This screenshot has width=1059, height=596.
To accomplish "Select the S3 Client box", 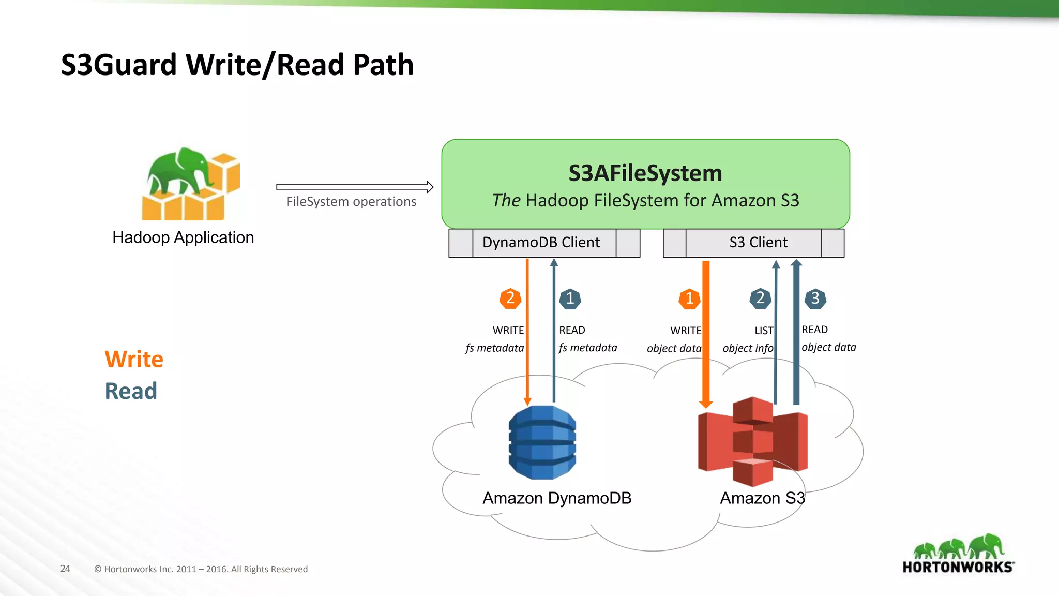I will click(x=758, y=243).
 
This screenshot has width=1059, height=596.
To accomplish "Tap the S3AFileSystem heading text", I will click(x=645, y=173).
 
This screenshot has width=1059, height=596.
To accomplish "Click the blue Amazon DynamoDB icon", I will click(x=542, y=442).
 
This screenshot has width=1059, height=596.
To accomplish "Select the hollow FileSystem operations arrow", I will click(x=354, y=187).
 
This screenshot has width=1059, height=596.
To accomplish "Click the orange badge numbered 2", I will click(x=510, y=299).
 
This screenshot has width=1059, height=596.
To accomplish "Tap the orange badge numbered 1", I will click(x=689, y=299).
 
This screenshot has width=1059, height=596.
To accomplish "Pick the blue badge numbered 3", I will click(x=815, y=299).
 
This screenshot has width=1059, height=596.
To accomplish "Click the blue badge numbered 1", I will click(x=570, y=299).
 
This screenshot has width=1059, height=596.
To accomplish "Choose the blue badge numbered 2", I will click(x=760, y=299).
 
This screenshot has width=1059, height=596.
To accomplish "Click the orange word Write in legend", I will click(x=134, y=359).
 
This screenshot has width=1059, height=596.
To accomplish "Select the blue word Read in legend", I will click(x=131, y=391).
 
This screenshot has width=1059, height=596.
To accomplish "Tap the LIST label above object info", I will click(x=764, y=331).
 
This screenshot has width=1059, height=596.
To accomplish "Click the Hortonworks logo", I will click(x=958, y=555).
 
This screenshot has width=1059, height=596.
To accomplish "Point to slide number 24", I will click(x=65, y=569).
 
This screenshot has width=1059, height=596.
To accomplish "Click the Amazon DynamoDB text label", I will click(x=556, y=498).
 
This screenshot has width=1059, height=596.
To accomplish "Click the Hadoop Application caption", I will click(x=183, y=237).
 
